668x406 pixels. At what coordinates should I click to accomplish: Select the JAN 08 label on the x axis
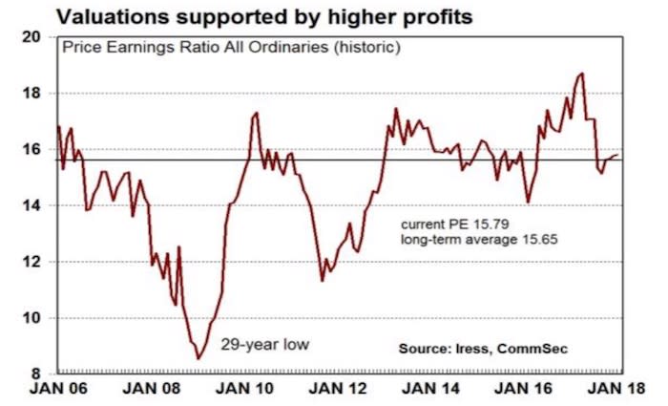click(x=144, y=391)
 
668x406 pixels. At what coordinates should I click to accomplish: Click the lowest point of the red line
click(x=198, y=359)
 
